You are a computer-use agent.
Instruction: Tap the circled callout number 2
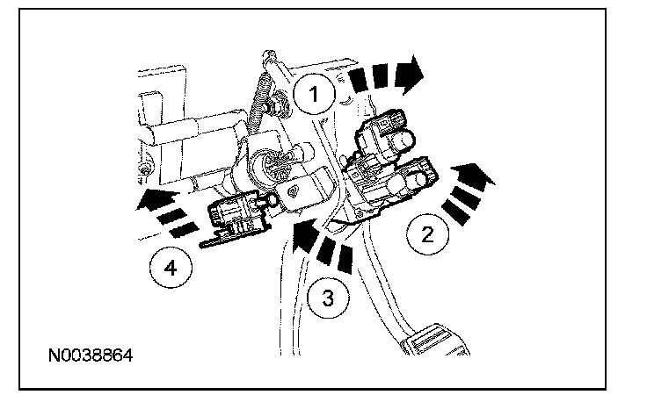(x=425, y=234)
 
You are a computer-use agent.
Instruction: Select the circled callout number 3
(x=327, y=298)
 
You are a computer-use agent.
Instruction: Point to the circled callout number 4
(x=171, y=269)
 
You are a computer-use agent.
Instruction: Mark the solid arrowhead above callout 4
(x=150, y=199)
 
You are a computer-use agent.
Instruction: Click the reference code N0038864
(x=92, y=357)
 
